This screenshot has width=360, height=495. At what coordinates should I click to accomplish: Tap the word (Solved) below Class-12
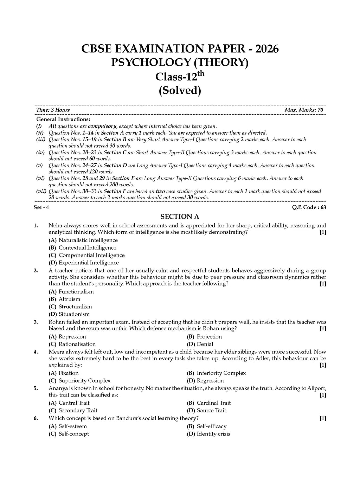[180, 90]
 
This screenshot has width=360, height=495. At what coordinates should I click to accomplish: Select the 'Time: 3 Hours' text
[53, 110]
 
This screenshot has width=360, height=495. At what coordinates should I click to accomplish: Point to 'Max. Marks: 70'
[304, 110]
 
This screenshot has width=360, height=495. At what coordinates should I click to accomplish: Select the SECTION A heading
[180, 217]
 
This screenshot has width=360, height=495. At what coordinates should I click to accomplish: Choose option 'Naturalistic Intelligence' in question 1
[88, 240]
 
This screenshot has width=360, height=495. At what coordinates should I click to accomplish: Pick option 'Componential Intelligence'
[91, 255]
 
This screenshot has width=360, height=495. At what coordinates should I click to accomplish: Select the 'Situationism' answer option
[74, 314]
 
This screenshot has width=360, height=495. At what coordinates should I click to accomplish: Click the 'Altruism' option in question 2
[69, 299]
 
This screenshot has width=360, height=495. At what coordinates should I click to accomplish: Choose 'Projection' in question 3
[209, 336]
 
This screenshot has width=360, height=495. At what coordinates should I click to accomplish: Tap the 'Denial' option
[205, 344]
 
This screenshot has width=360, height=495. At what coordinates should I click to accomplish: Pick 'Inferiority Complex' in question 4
[221, 373]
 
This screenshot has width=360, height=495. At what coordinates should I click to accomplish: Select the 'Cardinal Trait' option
[213, 403]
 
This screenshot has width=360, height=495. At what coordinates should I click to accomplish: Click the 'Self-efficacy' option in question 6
[211, 426]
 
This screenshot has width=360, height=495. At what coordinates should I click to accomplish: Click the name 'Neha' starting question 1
[55, 225]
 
